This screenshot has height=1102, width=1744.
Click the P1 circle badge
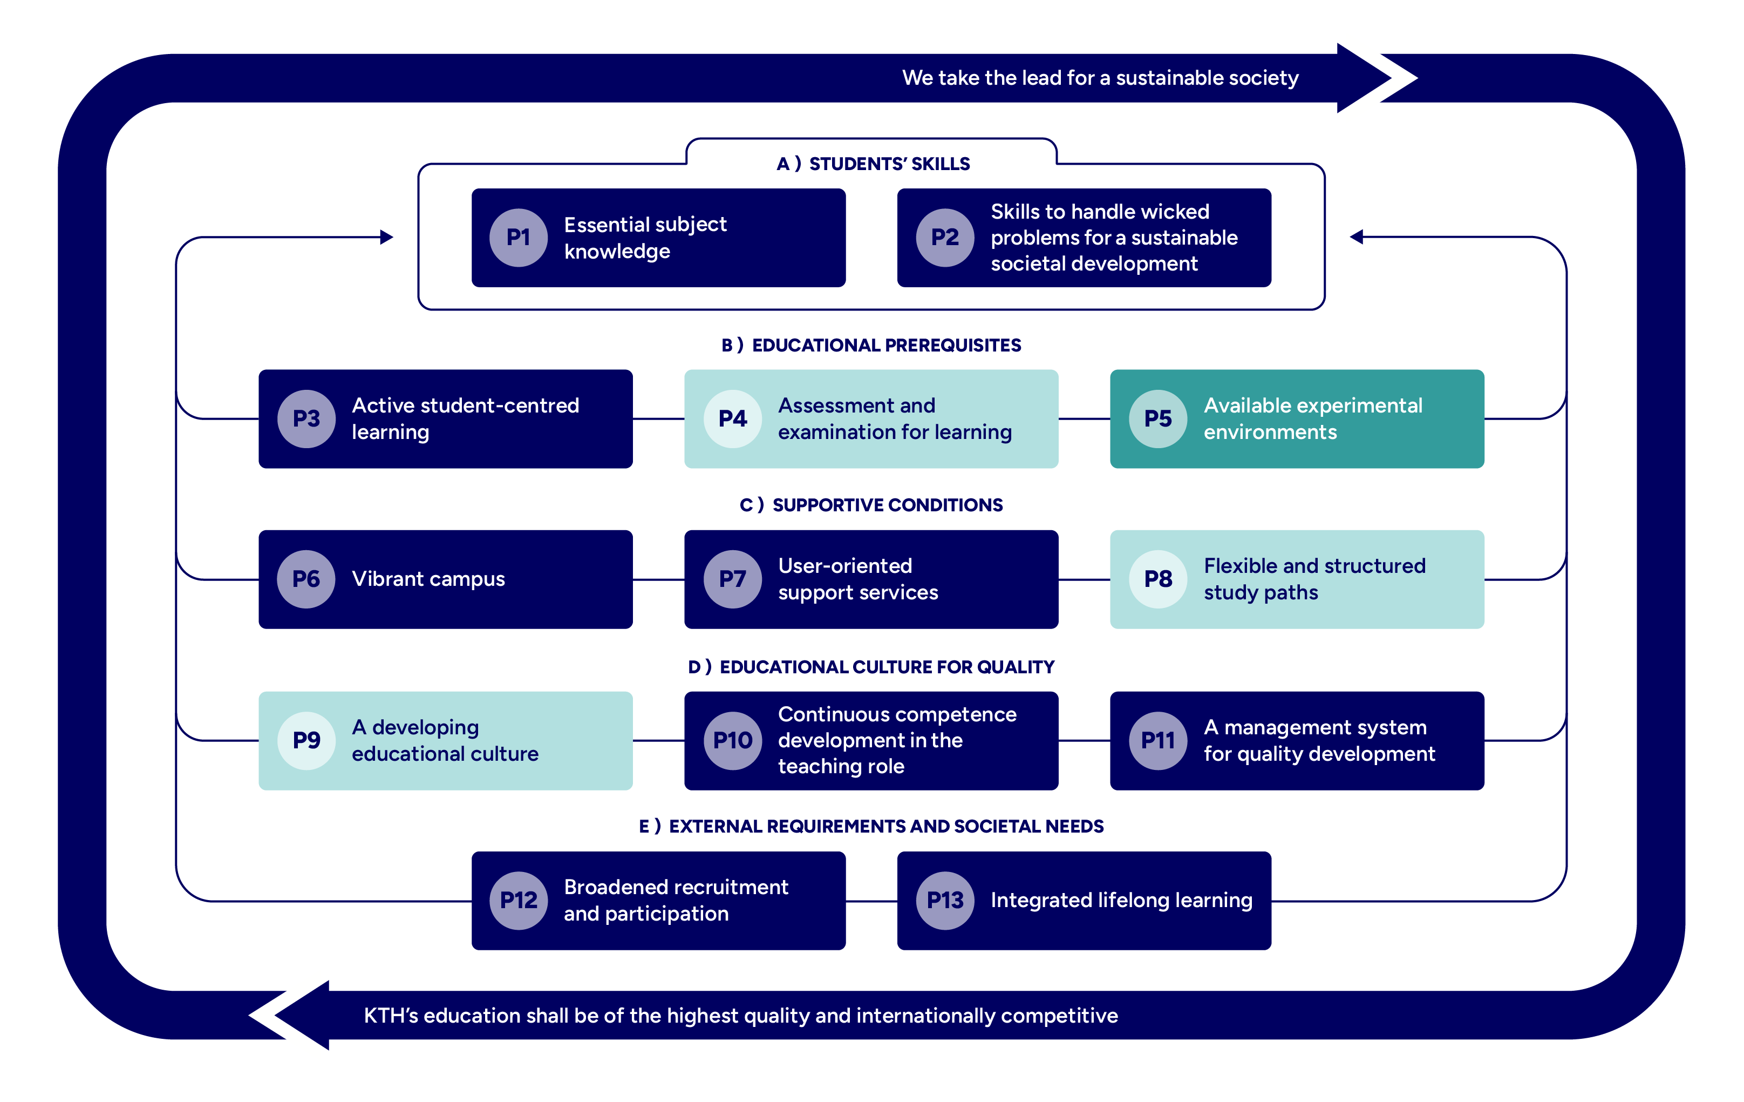coord(518,238)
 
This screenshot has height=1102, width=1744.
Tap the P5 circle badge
coord(1157,419)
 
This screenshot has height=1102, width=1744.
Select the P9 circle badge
coord(306,740)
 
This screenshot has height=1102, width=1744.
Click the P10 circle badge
coord(732,740)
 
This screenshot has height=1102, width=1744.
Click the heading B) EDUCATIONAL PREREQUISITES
coord(871,346)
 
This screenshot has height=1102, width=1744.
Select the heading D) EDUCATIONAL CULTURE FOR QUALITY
coord(871,667)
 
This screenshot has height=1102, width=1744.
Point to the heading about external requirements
coord(871,827)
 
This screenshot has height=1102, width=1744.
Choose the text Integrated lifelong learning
coord(1121,901)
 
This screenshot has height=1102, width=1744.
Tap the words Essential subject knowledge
coord(645,238)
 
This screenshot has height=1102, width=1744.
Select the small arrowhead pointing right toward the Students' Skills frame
coord(387,237)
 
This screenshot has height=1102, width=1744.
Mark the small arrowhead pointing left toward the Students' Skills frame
coord(1357,237)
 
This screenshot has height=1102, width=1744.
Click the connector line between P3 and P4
coord(658,419)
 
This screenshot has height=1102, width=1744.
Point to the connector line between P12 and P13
coord(871,901)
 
